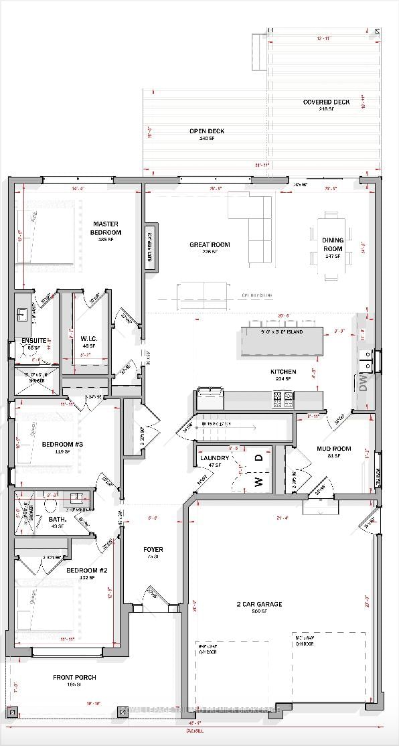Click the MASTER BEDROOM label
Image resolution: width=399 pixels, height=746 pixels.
[x=106, y=228]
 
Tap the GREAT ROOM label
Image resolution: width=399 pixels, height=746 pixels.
[x=209, y=245]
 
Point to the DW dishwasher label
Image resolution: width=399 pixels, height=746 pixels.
[x=364, y=384]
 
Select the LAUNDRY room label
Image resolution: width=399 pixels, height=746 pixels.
[x=214, y=458]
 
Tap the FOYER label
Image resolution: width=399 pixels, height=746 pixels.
[x=153, y=550]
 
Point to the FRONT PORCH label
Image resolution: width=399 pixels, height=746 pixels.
[x=74, y=678]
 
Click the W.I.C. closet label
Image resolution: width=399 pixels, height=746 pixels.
[x=89, y=339]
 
